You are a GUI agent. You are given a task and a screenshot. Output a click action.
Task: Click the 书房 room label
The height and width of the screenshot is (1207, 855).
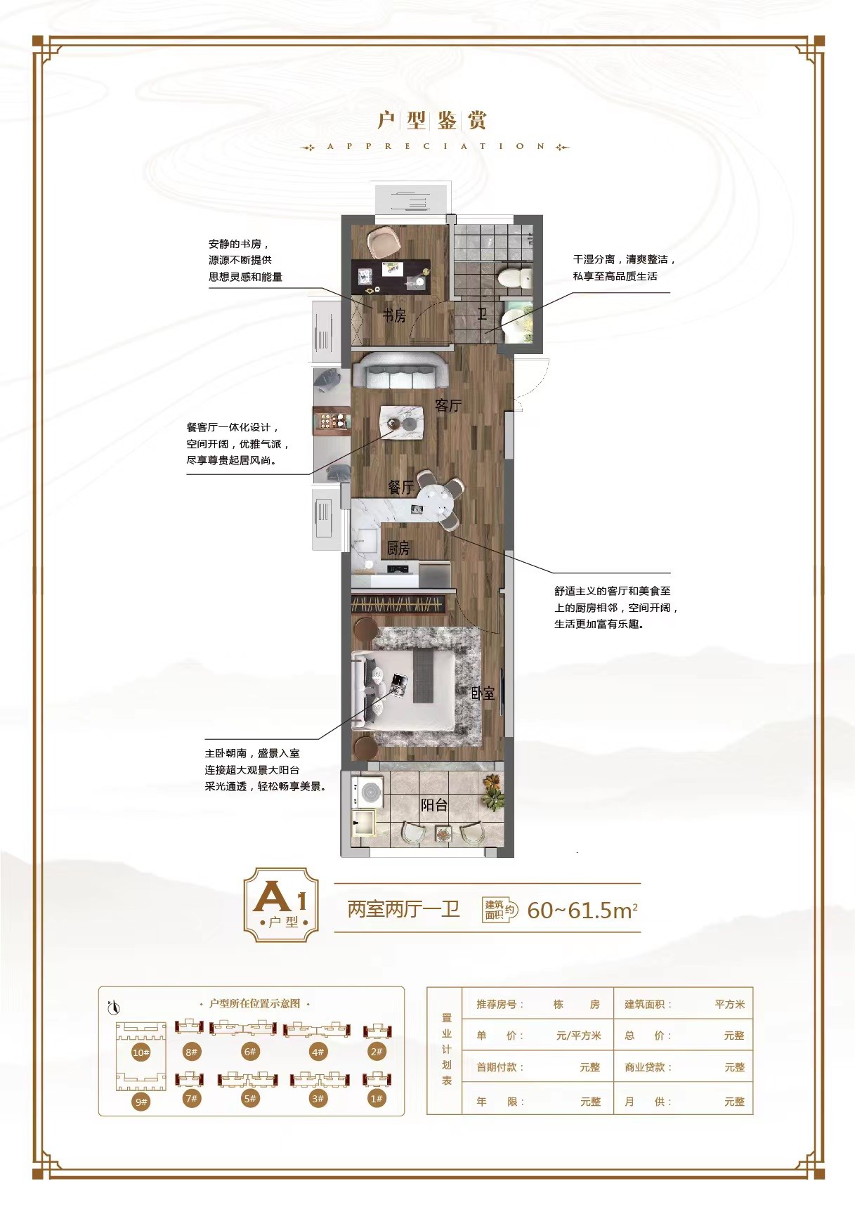[394, 315]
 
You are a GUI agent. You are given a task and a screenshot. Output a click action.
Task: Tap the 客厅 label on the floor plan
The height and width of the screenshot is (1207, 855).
[448, 405]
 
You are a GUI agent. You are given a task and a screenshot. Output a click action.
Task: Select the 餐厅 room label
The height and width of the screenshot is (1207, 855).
[401, 487]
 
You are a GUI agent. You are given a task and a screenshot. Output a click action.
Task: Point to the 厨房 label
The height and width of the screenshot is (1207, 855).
[398, 548]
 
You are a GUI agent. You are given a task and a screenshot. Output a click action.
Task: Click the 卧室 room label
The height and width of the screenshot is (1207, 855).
[483, 693]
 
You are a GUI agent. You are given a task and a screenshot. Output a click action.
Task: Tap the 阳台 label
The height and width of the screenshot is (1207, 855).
[434, 805]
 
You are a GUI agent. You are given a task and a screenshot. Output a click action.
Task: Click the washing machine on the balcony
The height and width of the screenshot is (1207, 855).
[367, 792]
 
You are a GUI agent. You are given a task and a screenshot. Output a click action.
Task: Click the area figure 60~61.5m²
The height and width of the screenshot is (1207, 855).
[582, 910]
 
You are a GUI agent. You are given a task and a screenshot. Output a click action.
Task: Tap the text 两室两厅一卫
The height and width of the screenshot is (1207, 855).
[403, 909]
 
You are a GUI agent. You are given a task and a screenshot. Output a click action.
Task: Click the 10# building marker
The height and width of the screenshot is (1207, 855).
[141, 1052]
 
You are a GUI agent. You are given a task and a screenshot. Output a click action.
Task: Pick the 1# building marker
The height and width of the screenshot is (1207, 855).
[377, 1098]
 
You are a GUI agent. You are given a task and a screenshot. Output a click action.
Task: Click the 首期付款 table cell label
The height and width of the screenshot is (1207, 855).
[500, 1067]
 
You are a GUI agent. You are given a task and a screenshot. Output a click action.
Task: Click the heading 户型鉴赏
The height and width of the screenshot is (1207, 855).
[432, 120]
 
